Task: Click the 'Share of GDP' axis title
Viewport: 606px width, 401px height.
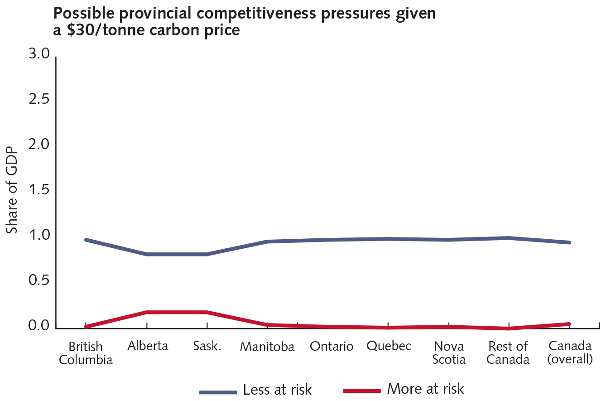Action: point(12,190)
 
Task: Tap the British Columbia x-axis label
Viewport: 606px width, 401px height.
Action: point(86,353)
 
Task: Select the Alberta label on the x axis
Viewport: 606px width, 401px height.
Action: point(148,346)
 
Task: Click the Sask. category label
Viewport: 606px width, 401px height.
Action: point(207,347)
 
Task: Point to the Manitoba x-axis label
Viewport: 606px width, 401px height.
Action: point(267,347)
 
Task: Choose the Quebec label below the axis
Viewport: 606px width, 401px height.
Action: point(389,346)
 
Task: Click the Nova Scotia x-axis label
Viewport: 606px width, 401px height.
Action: point(449,353)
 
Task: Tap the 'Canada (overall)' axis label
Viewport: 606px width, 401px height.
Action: point(570,353)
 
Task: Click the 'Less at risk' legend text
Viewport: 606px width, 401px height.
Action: point(277,390)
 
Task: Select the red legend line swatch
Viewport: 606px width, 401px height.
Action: point(361,391)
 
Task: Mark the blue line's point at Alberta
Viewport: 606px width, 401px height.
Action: point(147,254)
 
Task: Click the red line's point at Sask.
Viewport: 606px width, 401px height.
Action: point(207,312)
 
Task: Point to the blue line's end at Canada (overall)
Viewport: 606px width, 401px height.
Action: point(569,242)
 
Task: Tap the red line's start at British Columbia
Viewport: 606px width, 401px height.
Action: point(86,327)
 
